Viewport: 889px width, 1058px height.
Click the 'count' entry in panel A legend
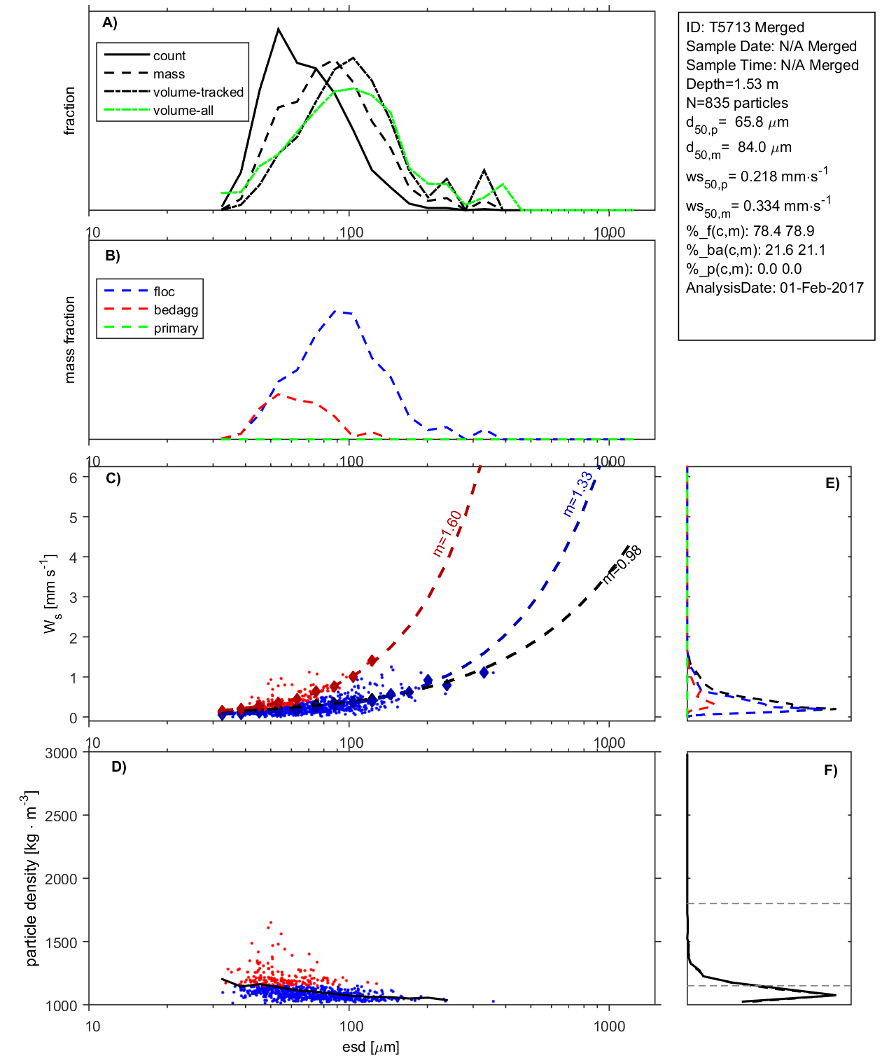tap(169, 56)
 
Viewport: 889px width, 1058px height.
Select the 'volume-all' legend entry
tap(183, 111)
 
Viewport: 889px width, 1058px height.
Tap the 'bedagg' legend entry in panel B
tap(176, 310)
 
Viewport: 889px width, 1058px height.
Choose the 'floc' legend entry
tap(164, 292)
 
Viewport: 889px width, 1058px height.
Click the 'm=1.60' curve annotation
tap(447, 534)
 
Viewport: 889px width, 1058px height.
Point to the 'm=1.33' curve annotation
tap(578, 494)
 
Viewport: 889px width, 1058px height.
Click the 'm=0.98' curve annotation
tap(622, 564)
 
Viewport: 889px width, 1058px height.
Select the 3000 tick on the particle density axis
tap(61, 753)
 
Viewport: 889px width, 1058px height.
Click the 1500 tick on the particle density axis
tap(61, 942)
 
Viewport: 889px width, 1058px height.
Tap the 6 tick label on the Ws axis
tap(73, 478)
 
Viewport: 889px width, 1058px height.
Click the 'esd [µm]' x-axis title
tap(371, 1047)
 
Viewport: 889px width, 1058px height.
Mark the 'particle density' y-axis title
tap(31, 879)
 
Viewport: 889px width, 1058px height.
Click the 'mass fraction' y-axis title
tap(69, 340)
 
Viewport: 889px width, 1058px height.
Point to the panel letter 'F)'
tap(831, 771)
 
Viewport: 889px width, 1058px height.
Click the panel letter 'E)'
tap(832, 483)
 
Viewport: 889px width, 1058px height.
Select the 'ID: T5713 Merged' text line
tap(745, 27)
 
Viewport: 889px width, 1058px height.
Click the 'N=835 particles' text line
tap(736, 103)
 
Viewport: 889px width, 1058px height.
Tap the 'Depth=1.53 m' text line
tap(731, 84)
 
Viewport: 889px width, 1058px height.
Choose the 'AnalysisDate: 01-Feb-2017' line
tap(774, 288)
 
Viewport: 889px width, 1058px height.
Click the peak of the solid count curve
tap(279, 29)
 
